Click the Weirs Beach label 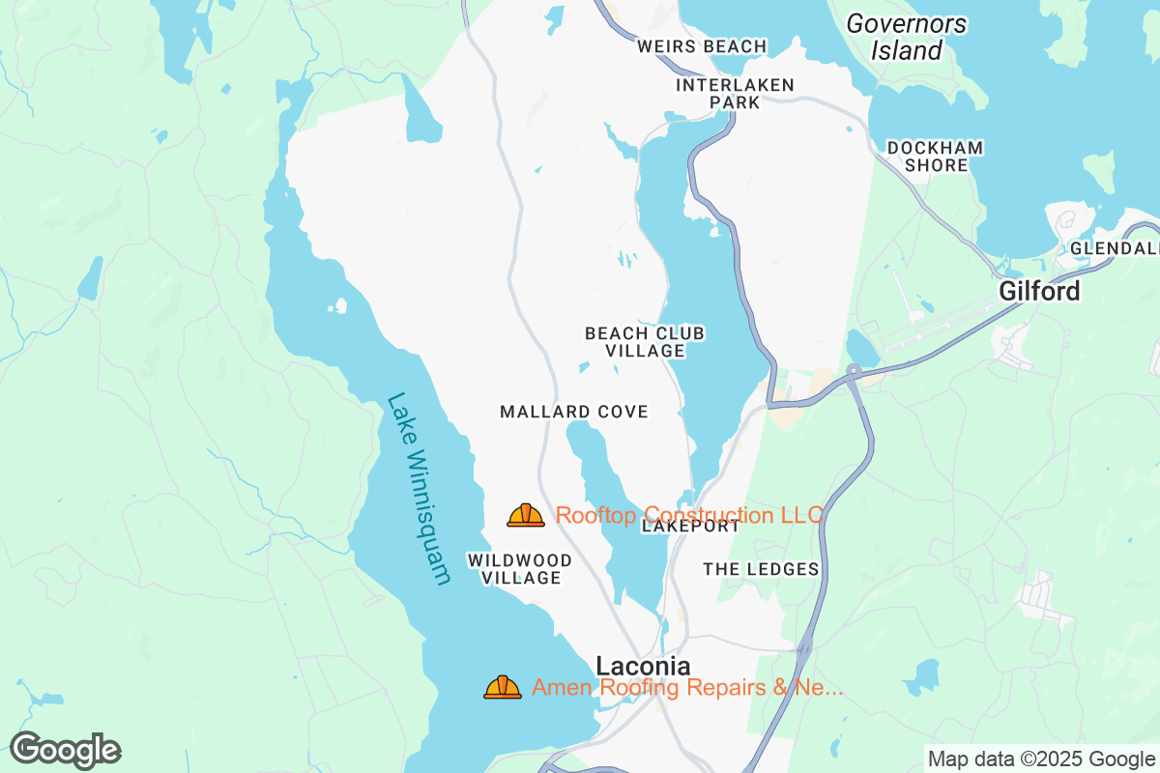(x=702, y=46)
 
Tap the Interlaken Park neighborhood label (x=735, y=94)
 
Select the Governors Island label (x=907, y=37)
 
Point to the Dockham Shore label (x=935, y=157)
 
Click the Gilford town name (x=1039, y=291)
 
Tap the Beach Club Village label (x=645, y=342)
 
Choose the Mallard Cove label (x=573, y=412)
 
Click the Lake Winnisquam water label (x=419, y=488)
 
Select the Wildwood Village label (x=519, y=569)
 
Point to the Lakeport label (x=690, y=528)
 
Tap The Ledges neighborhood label (x=761, y=569)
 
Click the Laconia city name (x=643, y=666)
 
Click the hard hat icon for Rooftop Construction (x=526, y=515)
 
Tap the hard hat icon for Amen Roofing (x=503, y=687)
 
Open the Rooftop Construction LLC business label (x=688, y=515)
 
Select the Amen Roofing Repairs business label (x=687, y=687)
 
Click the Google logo (x=65, y=750)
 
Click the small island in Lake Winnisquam (x=337, y=306)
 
